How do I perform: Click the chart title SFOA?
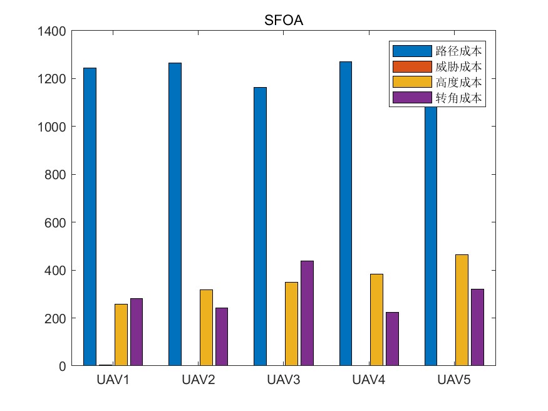click(284, 21)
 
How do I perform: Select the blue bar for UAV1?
click(90, 216)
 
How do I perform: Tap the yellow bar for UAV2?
click(206, 327)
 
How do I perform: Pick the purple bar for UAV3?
click(307, 313)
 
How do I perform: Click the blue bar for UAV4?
click(345, 213)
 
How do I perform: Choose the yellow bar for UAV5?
click(462, 310)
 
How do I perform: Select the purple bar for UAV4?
click(392, 338)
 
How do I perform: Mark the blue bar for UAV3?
click(260, 226)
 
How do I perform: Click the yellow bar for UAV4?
click(376, 320)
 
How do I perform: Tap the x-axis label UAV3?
click(284, 380)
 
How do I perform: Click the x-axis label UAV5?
click(454, 380)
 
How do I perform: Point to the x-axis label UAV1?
click(113, 380)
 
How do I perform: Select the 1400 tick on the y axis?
click(53, 31)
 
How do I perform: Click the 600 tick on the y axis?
click(56, 222)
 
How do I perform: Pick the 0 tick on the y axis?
click(63, 366)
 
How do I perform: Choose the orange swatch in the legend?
click(412, 66)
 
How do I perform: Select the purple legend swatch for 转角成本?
click(412, 98)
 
